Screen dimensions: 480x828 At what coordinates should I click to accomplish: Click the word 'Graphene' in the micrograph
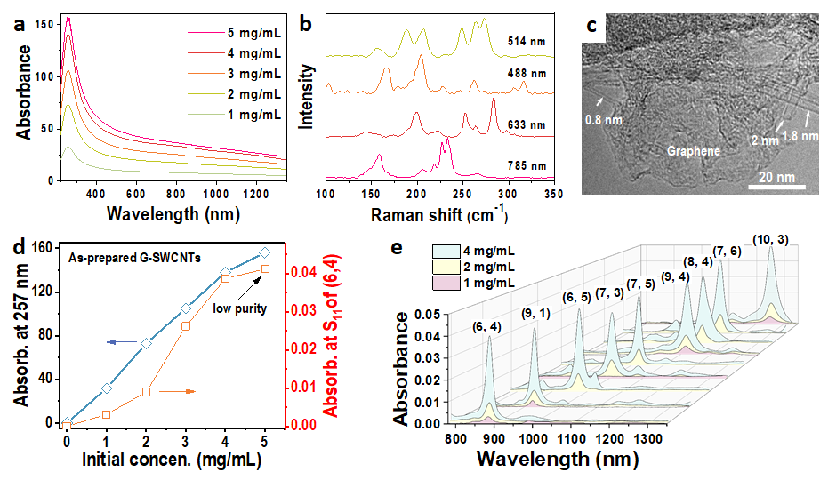tap(694, 151)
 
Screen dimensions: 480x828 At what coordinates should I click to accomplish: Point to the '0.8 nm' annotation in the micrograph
tap(604, 116)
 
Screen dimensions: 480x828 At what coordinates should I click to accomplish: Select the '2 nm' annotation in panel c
tap(763, 140)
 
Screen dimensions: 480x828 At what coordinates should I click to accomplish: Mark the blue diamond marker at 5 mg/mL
tap(264, 252)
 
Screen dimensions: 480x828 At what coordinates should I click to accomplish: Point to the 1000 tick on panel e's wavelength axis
tap(533, 439)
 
